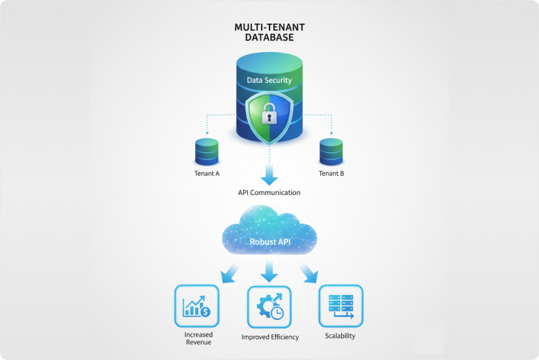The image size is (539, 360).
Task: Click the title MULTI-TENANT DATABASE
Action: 269,32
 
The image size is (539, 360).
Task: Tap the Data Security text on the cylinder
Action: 269,80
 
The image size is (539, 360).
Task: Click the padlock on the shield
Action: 269,114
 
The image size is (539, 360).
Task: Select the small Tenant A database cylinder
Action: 207,151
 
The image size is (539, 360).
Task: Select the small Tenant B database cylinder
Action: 331,151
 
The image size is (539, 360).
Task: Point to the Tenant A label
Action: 207,174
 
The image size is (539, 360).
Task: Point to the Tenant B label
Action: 331,174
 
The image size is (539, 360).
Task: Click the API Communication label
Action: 269,193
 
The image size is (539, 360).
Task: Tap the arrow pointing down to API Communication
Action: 269,174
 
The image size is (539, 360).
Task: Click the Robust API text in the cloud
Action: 269,241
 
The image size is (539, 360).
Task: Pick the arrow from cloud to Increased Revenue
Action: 229,272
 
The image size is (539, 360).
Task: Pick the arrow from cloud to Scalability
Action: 310,272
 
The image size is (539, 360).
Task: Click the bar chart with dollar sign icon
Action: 197,306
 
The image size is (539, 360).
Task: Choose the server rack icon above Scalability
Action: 340,306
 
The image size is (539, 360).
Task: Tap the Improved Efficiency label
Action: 269,337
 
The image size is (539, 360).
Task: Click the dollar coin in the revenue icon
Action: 205,311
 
